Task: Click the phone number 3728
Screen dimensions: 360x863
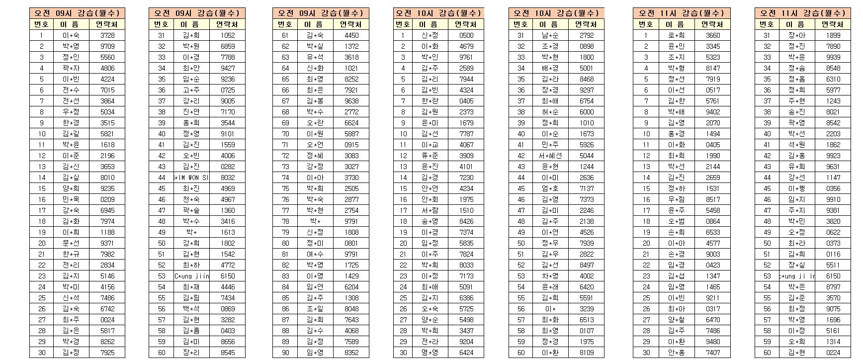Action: click(x=107, y=35)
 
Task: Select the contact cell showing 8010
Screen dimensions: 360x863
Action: click(x=107, y=178)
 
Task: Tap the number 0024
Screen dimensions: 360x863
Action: click(x=107, y=320)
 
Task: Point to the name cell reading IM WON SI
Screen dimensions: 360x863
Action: click(x=191, y=178)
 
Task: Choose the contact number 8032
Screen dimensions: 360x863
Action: click(x=228, y=178)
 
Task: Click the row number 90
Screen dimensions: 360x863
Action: click(x=285, y=353)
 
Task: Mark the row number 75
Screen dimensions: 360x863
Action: click(x=285, y=188)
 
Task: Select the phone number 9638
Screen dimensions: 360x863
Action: click(x=351, y=101)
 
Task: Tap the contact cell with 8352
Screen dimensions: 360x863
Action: click(x=351, y=353)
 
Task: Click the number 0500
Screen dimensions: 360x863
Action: click(x=466, y=35)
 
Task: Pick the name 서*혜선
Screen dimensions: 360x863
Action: click(x=550, y=156)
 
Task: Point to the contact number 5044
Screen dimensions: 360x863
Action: click(x=587, y=156)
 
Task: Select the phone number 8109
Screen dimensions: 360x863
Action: click(x=587, y=353)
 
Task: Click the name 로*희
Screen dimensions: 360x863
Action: click(x=677, y=35)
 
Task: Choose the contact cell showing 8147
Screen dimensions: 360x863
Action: click(x=713, y=68)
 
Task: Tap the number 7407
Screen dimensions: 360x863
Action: click(x=713, y=353)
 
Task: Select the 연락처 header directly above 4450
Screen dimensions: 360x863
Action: click(x=351, y=24)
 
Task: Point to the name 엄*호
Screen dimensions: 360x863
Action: click(x=550, y=188)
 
